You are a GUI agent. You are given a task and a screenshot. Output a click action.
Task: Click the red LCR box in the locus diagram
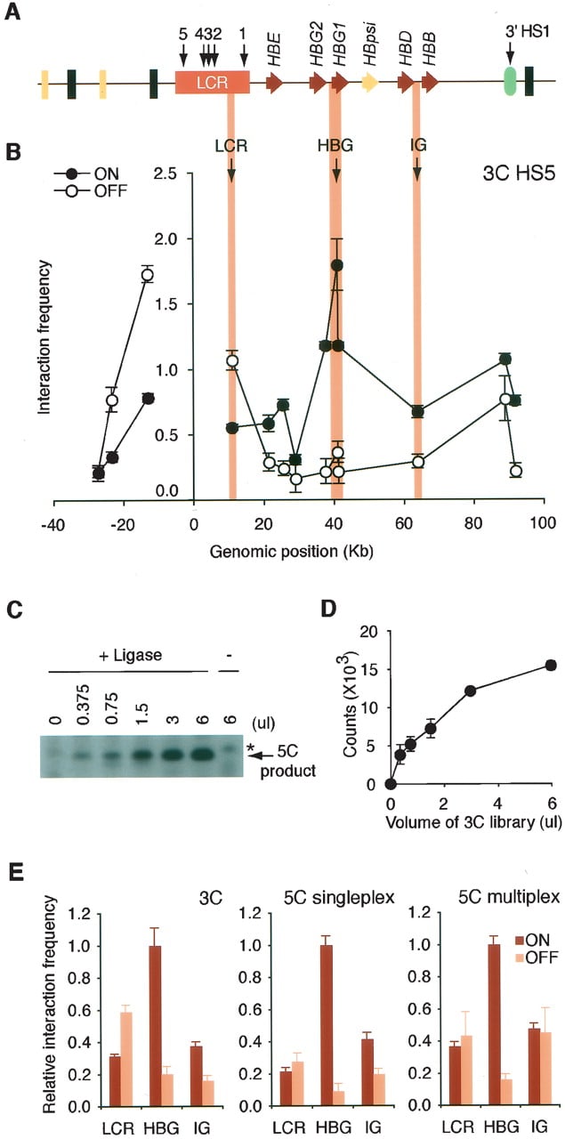212,82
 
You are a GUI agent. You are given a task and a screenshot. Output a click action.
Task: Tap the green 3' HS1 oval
510,81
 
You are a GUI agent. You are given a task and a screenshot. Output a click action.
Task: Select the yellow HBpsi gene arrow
370,83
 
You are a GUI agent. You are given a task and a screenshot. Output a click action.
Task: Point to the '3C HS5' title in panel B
519,174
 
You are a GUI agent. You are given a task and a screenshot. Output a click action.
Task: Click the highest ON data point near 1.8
336,265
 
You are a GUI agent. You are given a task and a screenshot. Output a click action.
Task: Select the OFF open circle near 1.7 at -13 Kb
148,275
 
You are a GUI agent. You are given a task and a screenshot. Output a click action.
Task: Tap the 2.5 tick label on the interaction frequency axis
165,174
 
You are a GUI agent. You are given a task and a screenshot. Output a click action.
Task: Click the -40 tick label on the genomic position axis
52,524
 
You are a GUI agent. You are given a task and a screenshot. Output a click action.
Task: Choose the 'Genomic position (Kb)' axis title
292,552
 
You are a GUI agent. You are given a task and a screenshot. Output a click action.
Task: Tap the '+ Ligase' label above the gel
130,655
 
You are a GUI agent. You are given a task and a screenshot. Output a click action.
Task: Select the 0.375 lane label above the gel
84,704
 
